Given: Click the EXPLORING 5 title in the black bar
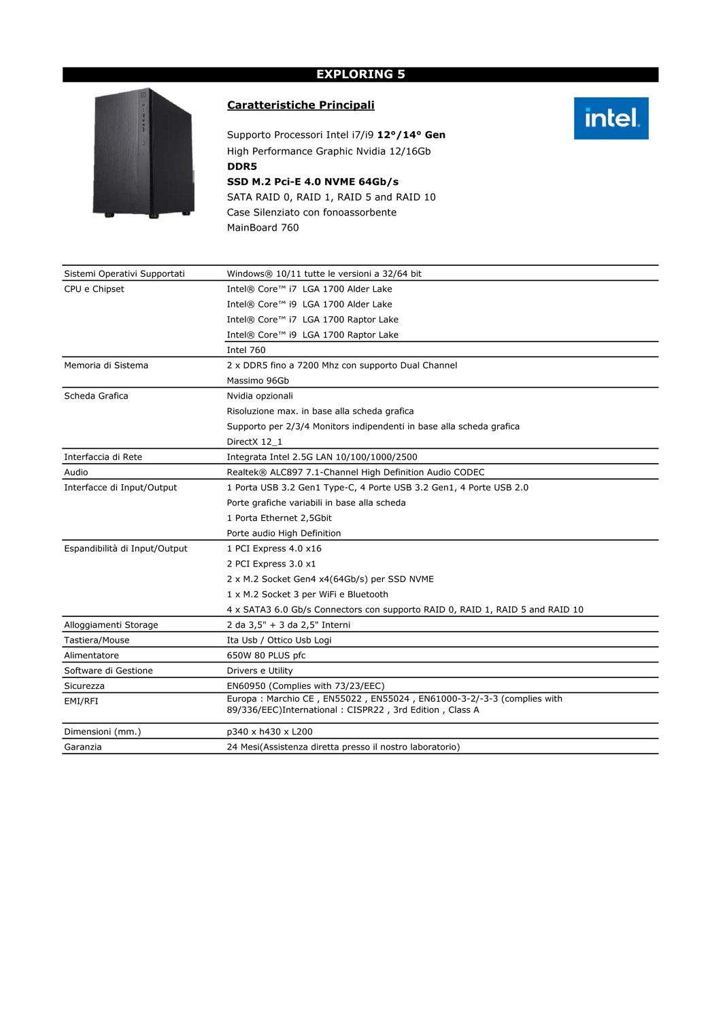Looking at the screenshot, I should (x=360, y=74).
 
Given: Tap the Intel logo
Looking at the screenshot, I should (x=611, y=118).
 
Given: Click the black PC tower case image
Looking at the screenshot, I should (x=143, y=153).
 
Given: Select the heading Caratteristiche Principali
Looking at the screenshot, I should (x=301, y=105).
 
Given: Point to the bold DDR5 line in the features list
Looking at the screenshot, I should (x=242, y=167).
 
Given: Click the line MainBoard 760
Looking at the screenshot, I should (x=263, y=228).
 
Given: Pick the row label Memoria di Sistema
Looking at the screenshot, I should (x=106, y=365).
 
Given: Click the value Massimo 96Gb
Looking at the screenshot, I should (x=258, y=381).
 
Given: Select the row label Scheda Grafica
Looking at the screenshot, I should (x=96, y=396).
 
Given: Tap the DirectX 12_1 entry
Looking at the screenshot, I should (x=254, y=442).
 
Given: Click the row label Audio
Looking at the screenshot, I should (x=76, y=472).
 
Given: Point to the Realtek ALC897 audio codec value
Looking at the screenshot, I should (x=356, y=472).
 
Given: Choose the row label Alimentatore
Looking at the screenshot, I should (x=91, y=656).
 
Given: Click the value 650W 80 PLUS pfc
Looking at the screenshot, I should (x=266, y=656).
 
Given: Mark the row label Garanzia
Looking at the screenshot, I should (x=83, y=747).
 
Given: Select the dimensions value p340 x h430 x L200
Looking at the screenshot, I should (x=269, y=732).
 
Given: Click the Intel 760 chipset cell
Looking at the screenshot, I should (x=246, y=350).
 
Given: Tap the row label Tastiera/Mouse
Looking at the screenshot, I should (x=97, y=640).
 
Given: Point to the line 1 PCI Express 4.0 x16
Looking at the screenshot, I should (x=274, y=549).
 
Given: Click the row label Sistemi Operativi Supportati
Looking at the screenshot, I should (x=124, y=274).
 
